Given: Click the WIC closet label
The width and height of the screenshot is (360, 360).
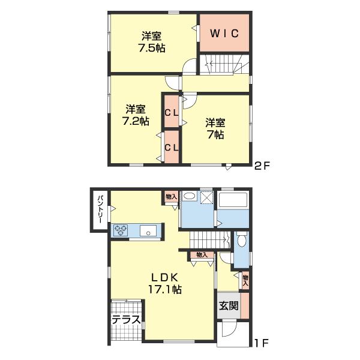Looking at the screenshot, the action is tap(224, 34).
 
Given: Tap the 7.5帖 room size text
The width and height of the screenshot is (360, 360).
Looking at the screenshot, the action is tap(152, 48).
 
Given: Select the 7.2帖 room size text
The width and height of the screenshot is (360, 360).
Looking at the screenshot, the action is tap(136, 121).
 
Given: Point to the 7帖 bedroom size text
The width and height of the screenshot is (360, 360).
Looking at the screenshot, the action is tap(215, 134).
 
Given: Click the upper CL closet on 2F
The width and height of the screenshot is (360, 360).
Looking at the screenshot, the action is tap(172, 112).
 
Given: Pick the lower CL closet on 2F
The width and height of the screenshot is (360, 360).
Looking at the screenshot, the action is tap(172, 148).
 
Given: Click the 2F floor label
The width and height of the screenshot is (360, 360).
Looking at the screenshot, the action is tap(262, 166).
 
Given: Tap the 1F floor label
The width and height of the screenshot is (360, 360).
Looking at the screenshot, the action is tap(262, 343).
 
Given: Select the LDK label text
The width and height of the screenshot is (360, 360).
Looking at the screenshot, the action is tap(164, 278).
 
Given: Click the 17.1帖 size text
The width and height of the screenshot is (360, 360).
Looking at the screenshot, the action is tap(165, 290).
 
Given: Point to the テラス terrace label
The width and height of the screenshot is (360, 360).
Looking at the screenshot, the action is tap(126, 319).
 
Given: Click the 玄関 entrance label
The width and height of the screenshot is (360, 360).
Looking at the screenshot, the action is tap(229, 305).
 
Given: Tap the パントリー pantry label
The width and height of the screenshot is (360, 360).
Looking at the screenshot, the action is tap(100, 209).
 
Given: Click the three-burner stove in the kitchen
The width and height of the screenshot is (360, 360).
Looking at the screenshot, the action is tap(121, 230).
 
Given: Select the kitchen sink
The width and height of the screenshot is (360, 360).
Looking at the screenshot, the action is tap(148, 230).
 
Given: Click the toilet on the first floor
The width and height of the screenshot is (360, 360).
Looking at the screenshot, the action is tap(241, 239).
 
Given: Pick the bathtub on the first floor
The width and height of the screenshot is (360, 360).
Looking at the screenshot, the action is tap(233, 200).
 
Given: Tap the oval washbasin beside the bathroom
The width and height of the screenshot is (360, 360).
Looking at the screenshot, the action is tap(190, 196).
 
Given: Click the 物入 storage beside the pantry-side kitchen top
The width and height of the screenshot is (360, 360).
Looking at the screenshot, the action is tap(172, 197).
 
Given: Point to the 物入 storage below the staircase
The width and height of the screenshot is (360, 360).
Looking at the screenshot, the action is tap(202, 255).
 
